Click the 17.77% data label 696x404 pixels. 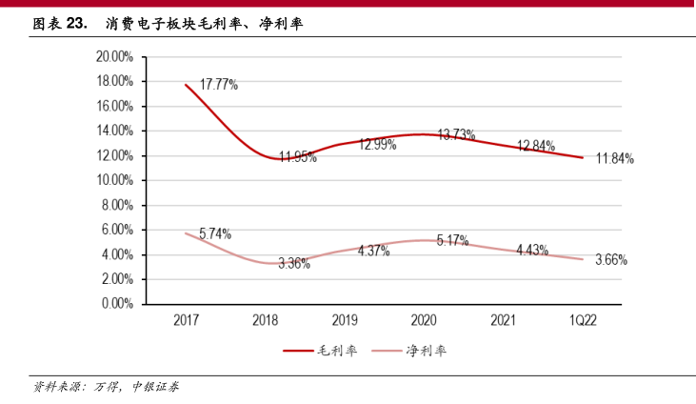(219, 85)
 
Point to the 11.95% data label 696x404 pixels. (298, 157)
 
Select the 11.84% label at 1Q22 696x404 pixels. (615, 158)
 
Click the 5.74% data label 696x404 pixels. (215, 233)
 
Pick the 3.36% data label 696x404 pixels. (294, 264)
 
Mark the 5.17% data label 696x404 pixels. (453, 240)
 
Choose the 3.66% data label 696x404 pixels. (612, 259)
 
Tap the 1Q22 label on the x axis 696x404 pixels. (582, 322)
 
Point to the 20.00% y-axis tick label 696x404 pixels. (115, 56)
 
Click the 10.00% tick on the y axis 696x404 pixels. (115, 180)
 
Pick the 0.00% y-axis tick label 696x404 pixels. (118, 304)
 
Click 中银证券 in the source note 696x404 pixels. (154, 387)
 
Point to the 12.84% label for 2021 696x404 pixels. (535, 146)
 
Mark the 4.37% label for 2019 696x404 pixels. (374, 250)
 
